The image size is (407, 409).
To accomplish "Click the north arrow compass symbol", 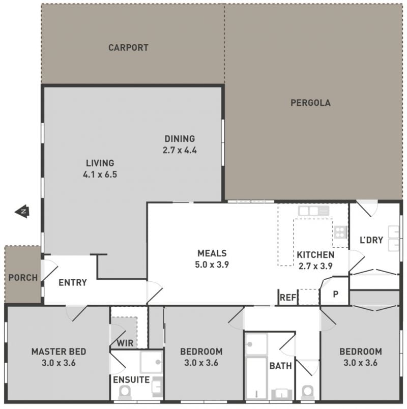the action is [22, 211].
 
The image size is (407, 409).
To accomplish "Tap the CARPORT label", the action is [128, 48].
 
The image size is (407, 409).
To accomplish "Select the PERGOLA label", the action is [310, 103].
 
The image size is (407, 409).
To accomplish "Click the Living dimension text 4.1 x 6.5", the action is [100, 174].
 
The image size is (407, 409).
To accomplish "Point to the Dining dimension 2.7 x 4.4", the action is [180, 150].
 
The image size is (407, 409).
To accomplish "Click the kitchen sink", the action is [313, 211].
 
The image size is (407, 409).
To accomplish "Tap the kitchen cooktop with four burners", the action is [340, 232].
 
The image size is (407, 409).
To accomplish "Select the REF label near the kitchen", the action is [288, 298].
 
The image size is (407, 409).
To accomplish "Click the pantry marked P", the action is [335, 294].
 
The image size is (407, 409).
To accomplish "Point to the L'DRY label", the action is [371, 240].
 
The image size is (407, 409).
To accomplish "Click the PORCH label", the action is [23, 278].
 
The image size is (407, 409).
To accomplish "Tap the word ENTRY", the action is [73, 282].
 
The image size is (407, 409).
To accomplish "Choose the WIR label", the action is [125, 343].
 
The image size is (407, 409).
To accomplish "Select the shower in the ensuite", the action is [152, 362].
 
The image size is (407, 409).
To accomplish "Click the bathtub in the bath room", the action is [257, 378].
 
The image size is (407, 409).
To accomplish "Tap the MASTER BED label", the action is [59, 352].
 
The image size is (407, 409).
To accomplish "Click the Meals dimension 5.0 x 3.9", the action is [212, 265].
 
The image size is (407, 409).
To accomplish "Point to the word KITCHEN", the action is [316, 255].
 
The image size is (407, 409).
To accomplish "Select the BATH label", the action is [280, 366].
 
